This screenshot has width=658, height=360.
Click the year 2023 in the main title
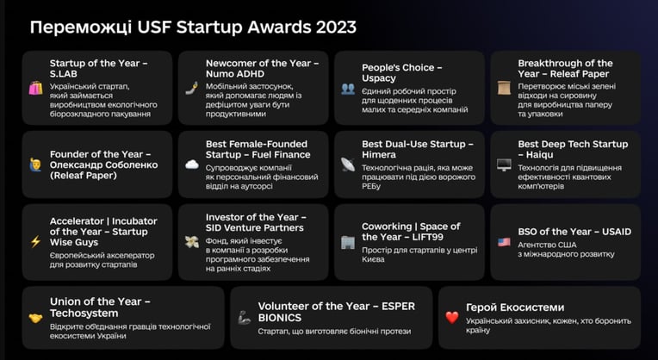[x=336, y=28]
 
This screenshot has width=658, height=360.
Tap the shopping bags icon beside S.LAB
[x=35, y=88]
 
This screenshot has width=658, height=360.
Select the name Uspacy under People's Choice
[x=378, y=78]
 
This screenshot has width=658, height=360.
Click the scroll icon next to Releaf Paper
[x=504, y=88]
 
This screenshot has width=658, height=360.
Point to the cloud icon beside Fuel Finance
[x=192, y=164]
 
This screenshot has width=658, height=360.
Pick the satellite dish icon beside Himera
[x=348, y=164]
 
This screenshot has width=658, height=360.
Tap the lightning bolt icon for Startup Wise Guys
[x=35, y=241]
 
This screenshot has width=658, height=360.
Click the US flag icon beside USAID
[x=504, y=242]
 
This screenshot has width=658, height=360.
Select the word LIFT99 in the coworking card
[x=427, y=237]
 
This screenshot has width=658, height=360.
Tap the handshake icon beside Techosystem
[x=35, y=319]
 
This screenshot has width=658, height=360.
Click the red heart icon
[x=452, y=317]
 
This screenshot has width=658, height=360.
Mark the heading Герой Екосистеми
[x=515, y=307]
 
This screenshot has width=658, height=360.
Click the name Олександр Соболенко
[x=103, y=164]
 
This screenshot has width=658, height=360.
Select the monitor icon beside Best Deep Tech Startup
[x=504, y=164]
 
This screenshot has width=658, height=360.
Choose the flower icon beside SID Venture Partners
[x=192, y=242]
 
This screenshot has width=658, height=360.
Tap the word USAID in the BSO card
[x=617, y=232]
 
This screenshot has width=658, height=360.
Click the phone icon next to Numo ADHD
[x=192, y=88]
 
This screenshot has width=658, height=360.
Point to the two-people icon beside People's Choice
[x=348, y=89]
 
